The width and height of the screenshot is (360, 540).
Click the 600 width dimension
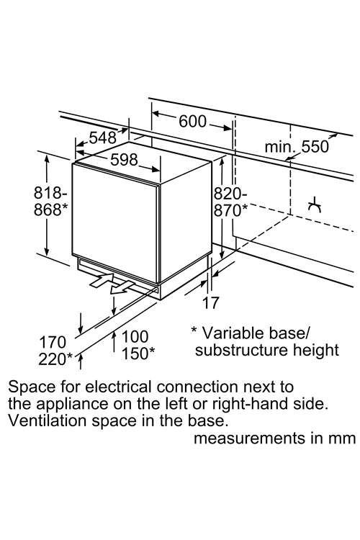(x=192, y=122)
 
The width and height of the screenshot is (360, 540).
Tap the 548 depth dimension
(x=103, y=138)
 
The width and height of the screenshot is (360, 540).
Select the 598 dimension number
(x=125, y=160)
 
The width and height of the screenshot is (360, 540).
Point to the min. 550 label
(x=297, y=147)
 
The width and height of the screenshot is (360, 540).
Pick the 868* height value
(x=50, y=210)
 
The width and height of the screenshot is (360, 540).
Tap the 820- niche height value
(x=230, y=194)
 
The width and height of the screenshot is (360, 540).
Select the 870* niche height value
(x=231, y=210)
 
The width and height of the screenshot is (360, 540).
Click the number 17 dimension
(x=210, y=302)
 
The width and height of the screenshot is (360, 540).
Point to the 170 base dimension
(x=53, y=342)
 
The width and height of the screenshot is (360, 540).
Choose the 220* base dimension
(x=55, y=359)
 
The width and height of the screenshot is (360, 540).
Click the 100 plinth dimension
(x=135, y=336)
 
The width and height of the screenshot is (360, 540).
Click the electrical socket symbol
(x=315, y=206)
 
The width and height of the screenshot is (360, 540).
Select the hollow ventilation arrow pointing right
(x=102, y=279)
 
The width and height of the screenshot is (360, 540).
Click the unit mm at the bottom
(x=343, y=438)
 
